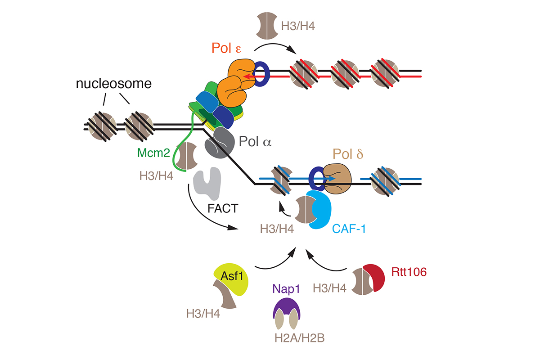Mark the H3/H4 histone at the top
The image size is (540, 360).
[267, 26]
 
